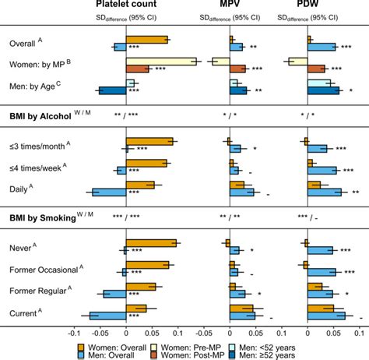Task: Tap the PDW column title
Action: click(x=322, y=6)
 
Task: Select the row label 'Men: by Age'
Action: click(x=32, y=86)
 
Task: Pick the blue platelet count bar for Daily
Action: click(x=109, y=192)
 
